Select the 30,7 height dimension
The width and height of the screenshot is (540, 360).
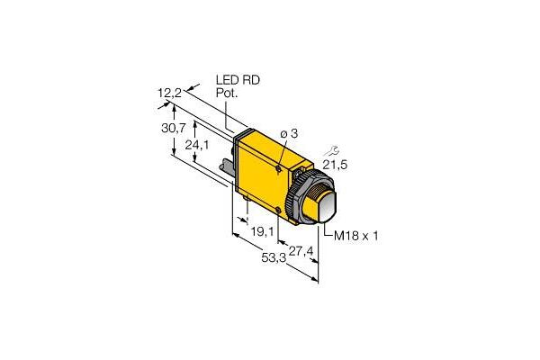click(x=162, y=129)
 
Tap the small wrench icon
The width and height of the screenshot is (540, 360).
click(x=337, y=143)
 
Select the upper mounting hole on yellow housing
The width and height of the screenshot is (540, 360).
click(x=279, y=168)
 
